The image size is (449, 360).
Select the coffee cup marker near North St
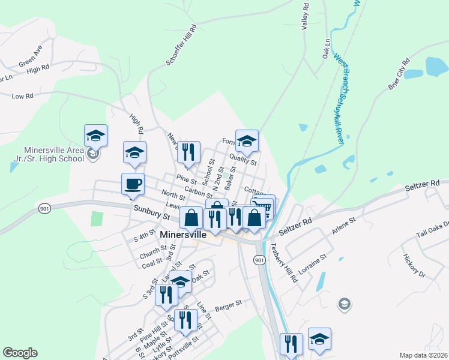coord(133,184)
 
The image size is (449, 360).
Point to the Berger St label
coord(228,303)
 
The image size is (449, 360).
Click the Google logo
coord(20,353)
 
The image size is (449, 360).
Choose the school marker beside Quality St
coord(247,141)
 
